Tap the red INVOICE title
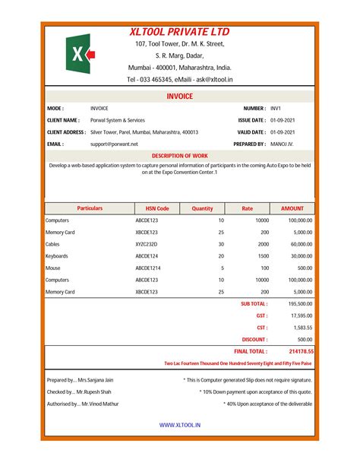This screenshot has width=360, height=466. click(x=179, y=97)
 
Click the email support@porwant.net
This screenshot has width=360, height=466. click(x=114, y=143)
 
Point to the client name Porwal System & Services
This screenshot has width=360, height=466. click(x=117, y=120)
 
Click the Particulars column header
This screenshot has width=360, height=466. click(x=90, y=208)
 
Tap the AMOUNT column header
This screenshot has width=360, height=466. click(x=292, y=208)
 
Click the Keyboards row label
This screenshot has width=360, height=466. click(x=58, y=256)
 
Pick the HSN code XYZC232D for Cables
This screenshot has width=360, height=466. click(x=147, y=244)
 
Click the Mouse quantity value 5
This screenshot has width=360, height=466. click(x=222, y=268)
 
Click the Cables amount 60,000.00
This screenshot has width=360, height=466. click(x=299, y=244)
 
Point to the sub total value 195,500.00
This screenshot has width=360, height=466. click(x=298, y=303)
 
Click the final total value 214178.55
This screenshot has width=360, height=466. click(x=301, y=351)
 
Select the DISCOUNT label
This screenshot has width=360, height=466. click(x=254, y=339)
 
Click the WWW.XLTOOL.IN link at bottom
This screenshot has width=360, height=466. click(x=179, y=426)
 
